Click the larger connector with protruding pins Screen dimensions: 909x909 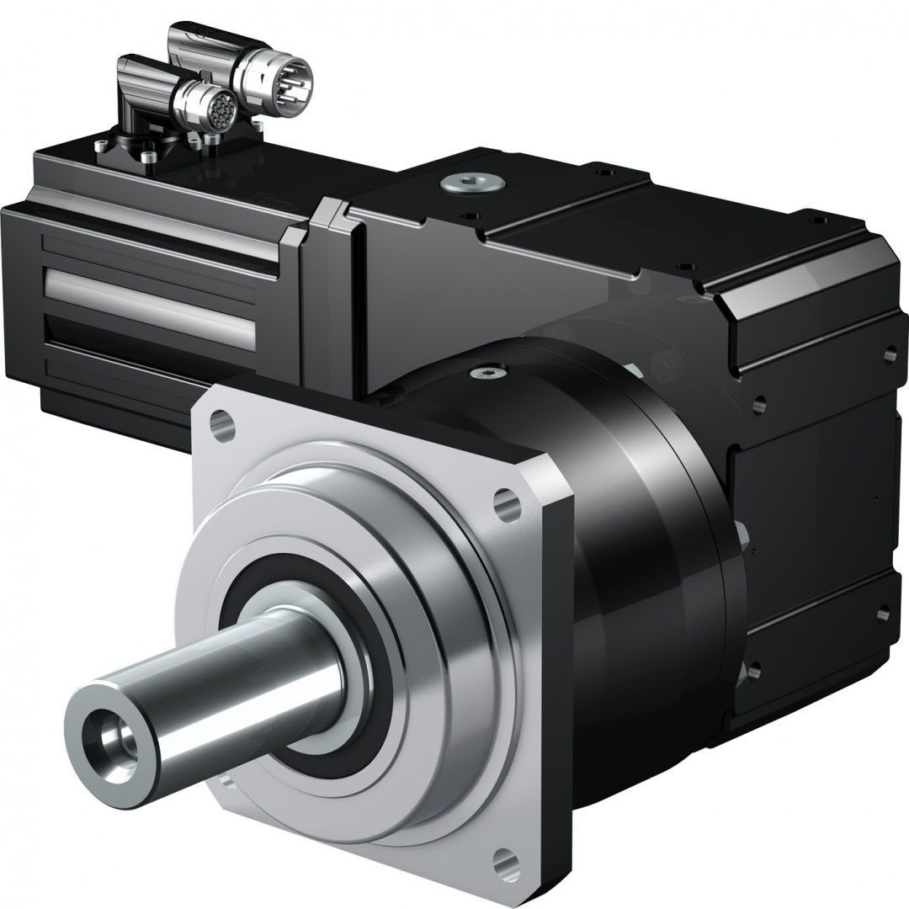tap(278, 72)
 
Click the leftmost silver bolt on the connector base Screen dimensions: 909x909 tap(103, 146)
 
